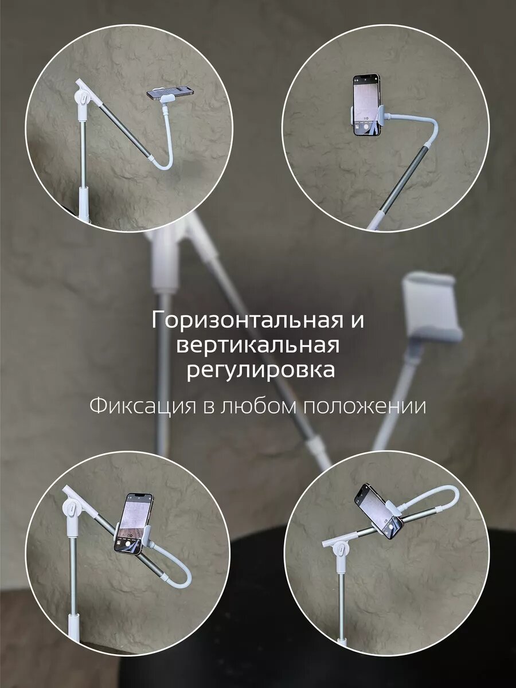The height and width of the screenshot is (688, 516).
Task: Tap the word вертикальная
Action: click(x=258, y=346)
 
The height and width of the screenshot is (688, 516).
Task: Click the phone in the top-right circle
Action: click(x=366, y=105)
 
